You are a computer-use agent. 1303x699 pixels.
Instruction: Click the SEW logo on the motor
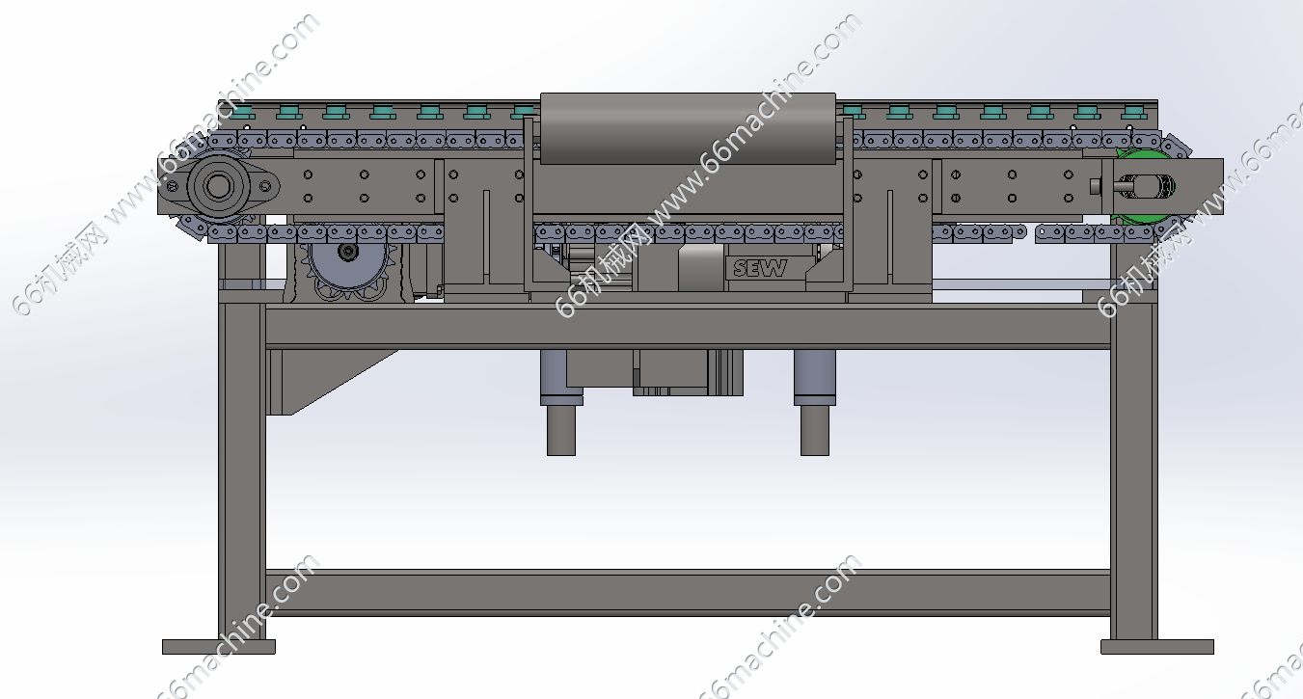point(760,268)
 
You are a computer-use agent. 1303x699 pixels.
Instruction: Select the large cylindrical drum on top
point(688,128)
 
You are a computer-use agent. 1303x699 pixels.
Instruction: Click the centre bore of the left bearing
point(218,187)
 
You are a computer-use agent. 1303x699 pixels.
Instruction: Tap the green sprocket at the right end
point(1143,186)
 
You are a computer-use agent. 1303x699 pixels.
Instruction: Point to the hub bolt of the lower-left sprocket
point(348,252)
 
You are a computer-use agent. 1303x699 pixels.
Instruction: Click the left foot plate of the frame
point(219,647)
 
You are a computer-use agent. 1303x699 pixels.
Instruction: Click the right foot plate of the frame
point(1157,647)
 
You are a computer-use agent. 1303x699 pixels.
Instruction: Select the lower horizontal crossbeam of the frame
point(688,593)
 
